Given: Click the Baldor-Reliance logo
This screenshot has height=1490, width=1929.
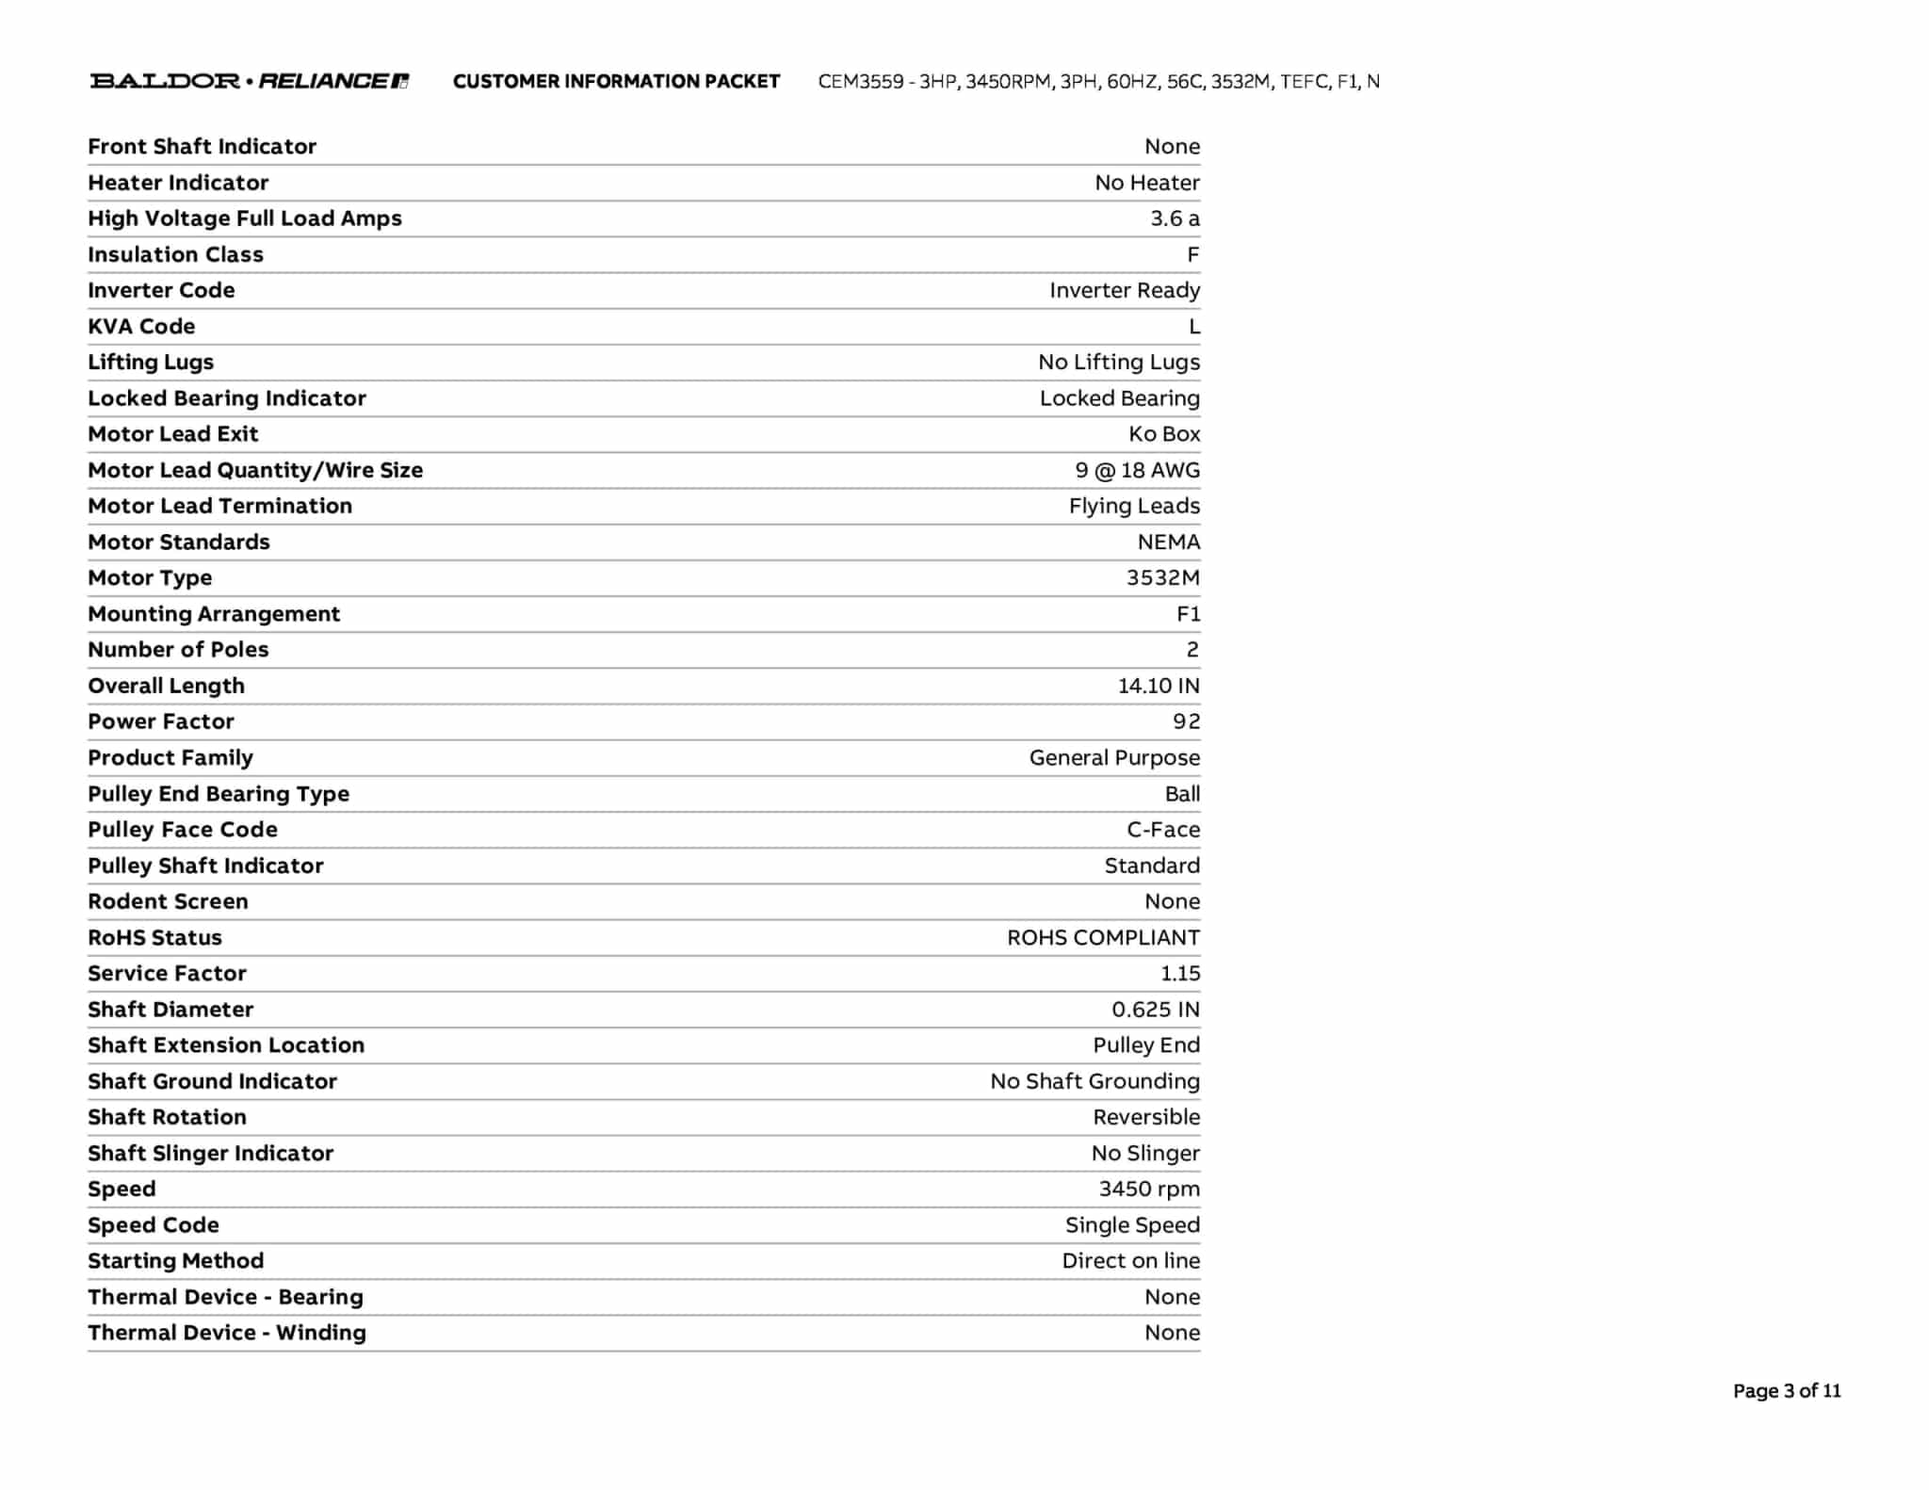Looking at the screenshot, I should (x=250, y=81).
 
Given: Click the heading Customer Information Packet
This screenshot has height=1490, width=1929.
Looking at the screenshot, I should (x=616, y=82).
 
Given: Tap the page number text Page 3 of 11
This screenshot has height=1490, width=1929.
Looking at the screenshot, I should (x=1786, y=1391).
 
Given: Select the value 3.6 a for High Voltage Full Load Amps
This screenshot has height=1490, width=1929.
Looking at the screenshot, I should (x=1175, y=219).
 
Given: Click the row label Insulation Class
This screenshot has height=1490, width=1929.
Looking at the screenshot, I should (x=175, y=254).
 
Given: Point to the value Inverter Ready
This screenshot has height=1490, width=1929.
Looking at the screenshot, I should (x=1125, y=290).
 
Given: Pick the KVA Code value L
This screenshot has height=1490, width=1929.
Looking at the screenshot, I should (x=1194, y=327).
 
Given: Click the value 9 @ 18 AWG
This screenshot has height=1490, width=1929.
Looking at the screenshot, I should (x=1137, y=470).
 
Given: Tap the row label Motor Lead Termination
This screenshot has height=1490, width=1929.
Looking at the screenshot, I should (x=219, y=506).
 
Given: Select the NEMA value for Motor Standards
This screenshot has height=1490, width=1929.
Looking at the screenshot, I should (x=1168, y=543).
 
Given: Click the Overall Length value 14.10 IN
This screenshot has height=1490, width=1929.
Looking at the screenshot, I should (x=1159, y=686).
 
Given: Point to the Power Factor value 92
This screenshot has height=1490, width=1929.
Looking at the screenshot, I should (x=1186, y=721).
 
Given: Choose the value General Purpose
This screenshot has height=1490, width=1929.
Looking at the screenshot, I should (x=1114, y=758).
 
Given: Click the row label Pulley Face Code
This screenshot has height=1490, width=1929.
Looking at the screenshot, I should (x=183, y=830).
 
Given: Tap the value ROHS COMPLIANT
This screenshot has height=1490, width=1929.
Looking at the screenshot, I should (x=1103, y=938).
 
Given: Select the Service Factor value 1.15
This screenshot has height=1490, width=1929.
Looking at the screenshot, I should (x=1179, y=974).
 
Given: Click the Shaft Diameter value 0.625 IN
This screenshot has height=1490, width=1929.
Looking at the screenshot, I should (x=1155, y=1010).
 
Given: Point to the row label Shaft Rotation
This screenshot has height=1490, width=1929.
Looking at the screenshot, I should (x=167, y=1117).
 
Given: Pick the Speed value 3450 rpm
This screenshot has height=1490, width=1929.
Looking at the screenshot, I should (x=1149, y=1190).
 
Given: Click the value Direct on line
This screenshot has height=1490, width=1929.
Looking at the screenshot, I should (x=1130, y=1261).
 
